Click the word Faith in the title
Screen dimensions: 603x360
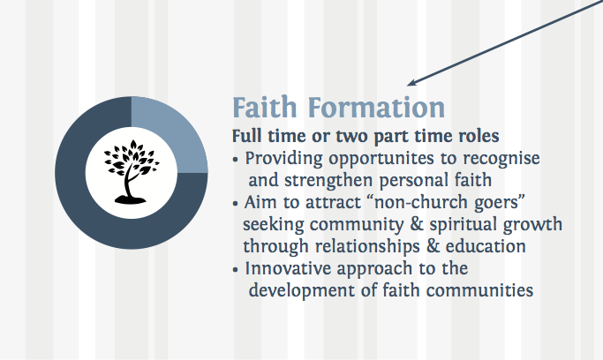(x=265, y=107)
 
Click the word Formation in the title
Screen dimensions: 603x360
(x=376, y=107)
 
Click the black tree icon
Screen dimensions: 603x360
(x=132, y=172)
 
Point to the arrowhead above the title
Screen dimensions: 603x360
(x=411, y=83)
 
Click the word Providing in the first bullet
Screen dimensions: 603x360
(x=283, y=159)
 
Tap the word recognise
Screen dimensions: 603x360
(x=501, y=159)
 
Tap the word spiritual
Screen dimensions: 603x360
(x=463, y=225)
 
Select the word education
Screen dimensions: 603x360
(x=486, y=247)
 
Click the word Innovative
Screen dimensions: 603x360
(x=288, y=268)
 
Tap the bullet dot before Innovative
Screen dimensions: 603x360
(x=236, y=270)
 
